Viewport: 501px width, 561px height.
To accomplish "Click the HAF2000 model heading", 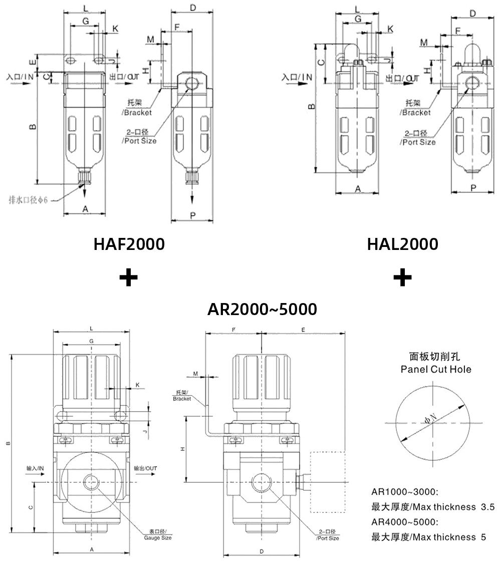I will (x=129, y=244).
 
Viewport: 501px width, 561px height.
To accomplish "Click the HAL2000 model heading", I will (x=402, y=244).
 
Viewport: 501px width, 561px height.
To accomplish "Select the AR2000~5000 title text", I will (x=262, y=309).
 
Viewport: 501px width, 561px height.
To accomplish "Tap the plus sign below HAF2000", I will (x=129, y=277).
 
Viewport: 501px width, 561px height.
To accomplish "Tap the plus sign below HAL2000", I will (x=402, y=277).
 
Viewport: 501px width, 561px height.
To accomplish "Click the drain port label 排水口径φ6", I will (x=28, y=200).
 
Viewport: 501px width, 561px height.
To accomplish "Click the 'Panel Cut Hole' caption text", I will (x=436, y=370).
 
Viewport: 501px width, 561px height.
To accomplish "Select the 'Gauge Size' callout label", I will (x=158, y=535).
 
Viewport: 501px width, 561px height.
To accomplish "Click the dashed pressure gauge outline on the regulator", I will (x=328, y=482).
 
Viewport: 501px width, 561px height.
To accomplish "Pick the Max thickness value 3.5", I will (x=487, y=507).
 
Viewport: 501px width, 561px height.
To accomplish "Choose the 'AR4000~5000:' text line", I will (x=405, y=522).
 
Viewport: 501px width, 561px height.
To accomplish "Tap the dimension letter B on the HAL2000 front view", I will (x=311, y=106).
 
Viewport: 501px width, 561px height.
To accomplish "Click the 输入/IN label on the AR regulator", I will (x=36, y=468).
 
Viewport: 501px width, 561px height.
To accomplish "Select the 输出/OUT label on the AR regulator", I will (x=146, y=468).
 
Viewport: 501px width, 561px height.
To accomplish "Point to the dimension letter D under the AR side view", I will (x=262, y=551).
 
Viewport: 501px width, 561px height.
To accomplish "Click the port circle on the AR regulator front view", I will (x=92, y=482).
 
